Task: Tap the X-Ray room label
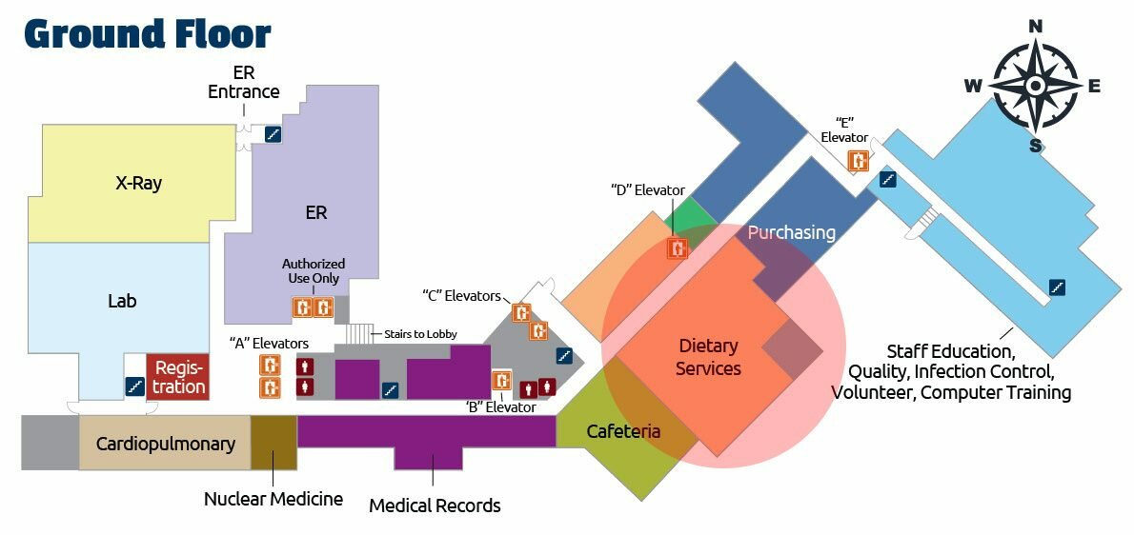tap(132, 183)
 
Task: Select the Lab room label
tap(122, 301)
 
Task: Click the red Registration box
tap(178, 376)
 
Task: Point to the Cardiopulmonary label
tap(165, 443)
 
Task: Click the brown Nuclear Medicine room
tap(273, 443)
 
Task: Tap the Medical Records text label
tap(435, 505)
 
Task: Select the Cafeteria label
tap(623, 431)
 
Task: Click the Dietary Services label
tap(708, 357)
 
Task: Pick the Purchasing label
tap(791, 232)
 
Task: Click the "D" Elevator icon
tap(678, 249)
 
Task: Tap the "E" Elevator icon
tap(859, 160)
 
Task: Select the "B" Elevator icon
tap(501, 381)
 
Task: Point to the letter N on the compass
tap(1036, 26)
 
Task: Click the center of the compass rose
tap(1036, 86)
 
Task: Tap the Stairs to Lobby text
tap(420, 334)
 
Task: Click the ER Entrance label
tap(244, 83)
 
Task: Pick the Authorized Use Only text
tap(314, 270)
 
